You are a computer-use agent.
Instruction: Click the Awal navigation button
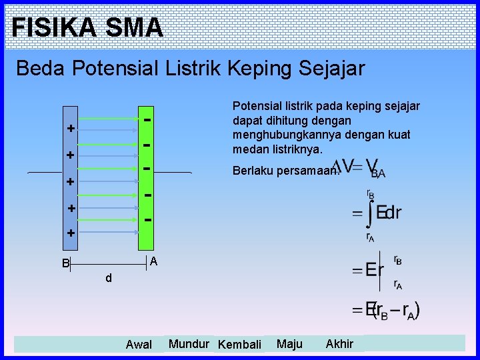tap(139, 345)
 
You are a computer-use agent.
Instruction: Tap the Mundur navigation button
tap(189, 344)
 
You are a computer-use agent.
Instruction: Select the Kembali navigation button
tap(239, 345)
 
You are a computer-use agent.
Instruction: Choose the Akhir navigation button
tap(339, 344)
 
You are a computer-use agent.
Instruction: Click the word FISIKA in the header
tap(54, 28)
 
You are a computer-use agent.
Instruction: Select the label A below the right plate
tap(153, 261)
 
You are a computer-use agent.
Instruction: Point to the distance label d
tap(108, 278)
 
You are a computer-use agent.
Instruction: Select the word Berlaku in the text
tap(251, 171)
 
